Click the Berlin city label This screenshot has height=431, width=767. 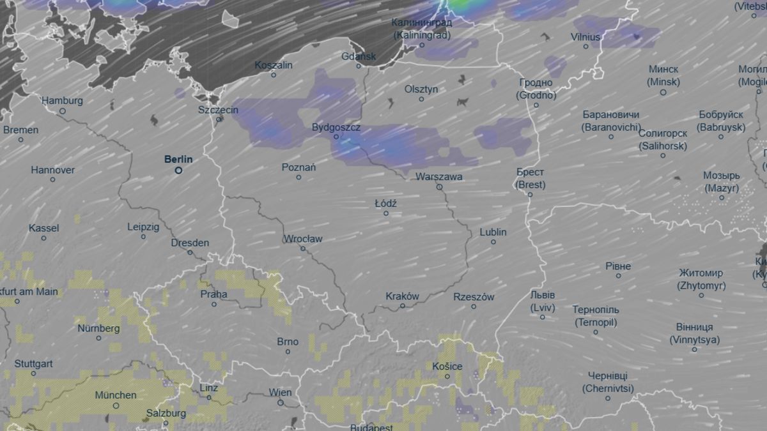point(178,159)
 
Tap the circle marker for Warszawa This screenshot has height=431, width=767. point(439,187)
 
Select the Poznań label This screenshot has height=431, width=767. point(298,167)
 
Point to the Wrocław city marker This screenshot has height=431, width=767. point(303,248)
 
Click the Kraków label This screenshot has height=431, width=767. point(403,296)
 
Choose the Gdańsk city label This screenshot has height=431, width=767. point(359,56)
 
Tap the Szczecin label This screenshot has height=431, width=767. point(218,110)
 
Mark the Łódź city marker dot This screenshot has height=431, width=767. point(386,213)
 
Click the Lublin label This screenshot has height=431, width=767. point(493,232)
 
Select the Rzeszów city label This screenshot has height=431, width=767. point(474,297)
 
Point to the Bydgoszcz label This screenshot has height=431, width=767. point(336,127)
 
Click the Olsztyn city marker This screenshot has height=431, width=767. point(421,99)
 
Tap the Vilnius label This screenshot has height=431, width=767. point(585,37)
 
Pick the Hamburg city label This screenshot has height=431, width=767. point(62,101)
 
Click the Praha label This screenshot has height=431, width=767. point(213,294)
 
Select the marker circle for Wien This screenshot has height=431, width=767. point(281,403)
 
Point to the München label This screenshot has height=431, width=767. point(116,395)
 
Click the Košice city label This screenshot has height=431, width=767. point(447,366)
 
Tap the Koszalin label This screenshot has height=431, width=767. point(274,65)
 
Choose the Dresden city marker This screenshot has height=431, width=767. point(190,252)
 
